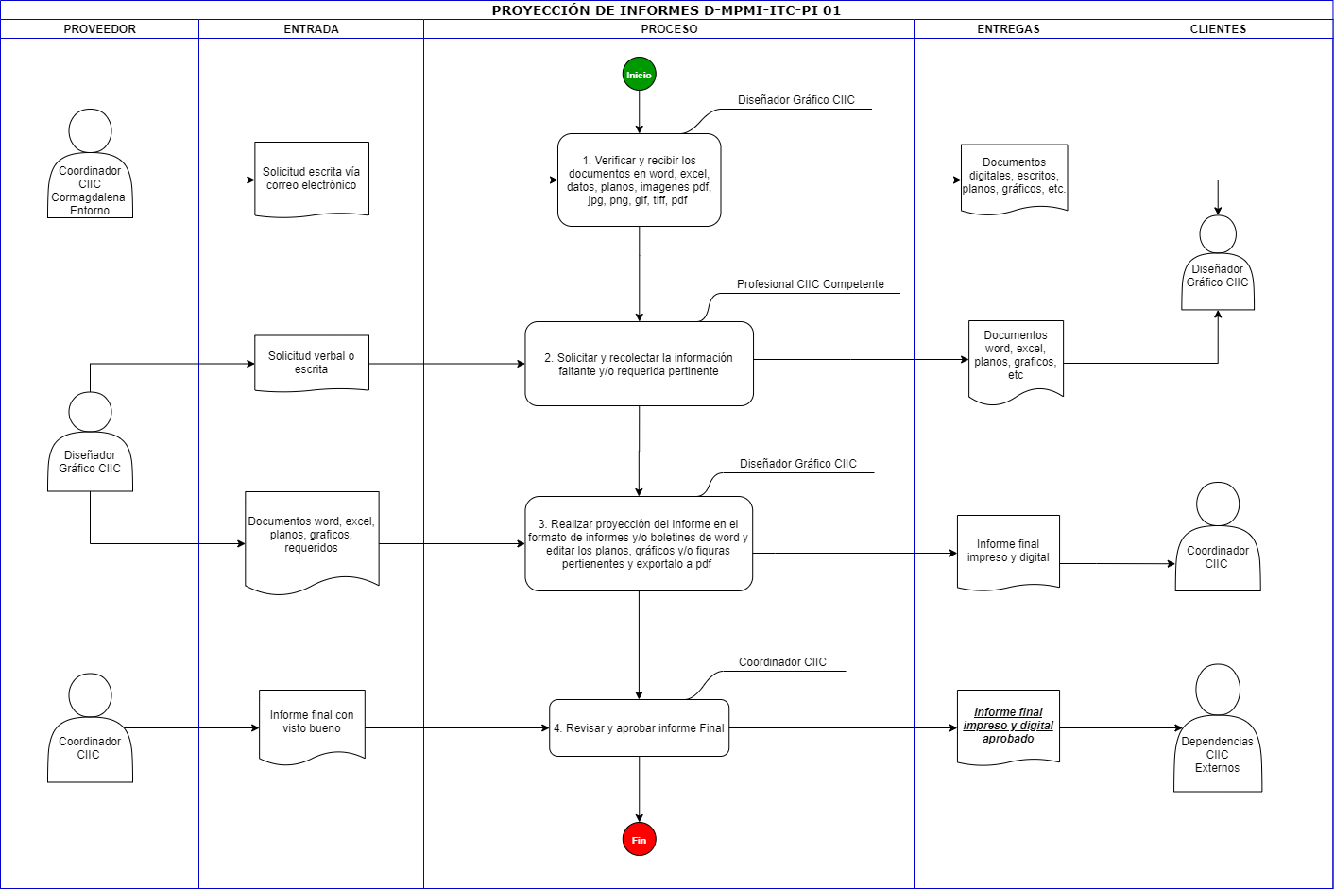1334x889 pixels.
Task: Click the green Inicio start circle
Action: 639,75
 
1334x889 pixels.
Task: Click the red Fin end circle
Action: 639,840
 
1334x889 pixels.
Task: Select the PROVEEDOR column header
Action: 99,29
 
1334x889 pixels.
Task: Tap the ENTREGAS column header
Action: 1008,29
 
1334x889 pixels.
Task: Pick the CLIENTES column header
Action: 1218,29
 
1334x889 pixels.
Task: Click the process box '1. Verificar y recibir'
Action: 639,180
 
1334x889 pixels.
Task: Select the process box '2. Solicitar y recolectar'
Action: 639,364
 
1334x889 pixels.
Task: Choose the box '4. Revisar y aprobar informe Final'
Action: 639,727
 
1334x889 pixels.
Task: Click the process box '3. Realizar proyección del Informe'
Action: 639,543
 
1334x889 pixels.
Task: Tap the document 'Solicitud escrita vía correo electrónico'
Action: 312,179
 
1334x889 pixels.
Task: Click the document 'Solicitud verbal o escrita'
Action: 312,363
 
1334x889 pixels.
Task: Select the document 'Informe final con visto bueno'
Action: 312,727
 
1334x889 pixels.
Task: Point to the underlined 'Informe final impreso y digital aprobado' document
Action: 1008,727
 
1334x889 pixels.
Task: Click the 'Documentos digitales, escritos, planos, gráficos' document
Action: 1014,178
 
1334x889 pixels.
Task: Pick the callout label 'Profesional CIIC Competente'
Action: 810,284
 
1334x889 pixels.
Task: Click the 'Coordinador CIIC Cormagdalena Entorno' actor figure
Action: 90,163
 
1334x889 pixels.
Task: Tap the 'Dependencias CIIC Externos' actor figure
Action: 1218,727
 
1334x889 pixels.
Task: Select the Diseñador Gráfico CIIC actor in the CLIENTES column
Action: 1218,263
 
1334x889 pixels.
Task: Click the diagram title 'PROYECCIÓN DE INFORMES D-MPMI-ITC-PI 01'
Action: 666,10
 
